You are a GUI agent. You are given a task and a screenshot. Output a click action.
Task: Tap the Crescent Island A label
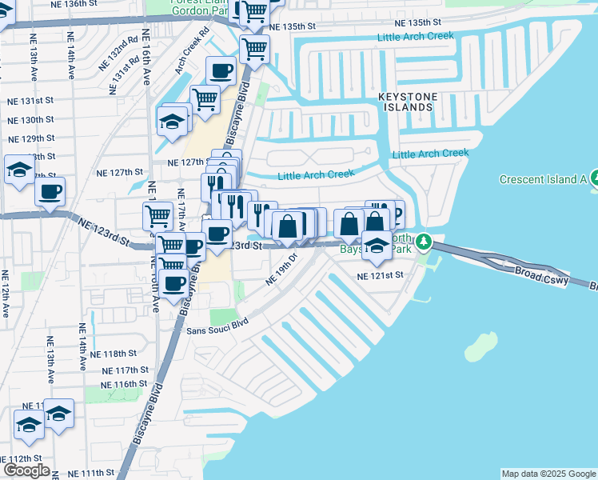tap(544, 178)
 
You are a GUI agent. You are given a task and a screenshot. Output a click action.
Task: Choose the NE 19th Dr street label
tap(281, 271)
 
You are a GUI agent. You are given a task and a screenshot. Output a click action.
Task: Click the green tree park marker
tap(426, 241)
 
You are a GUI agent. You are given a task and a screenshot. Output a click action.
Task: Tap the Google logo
tap(26, 470)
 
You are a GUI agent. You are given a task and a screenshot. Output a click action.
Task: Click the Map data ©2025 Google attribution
tap(548, 474)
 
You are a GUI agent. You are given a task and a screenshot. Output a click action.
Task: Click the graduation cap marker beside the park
tap(377, 245)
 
